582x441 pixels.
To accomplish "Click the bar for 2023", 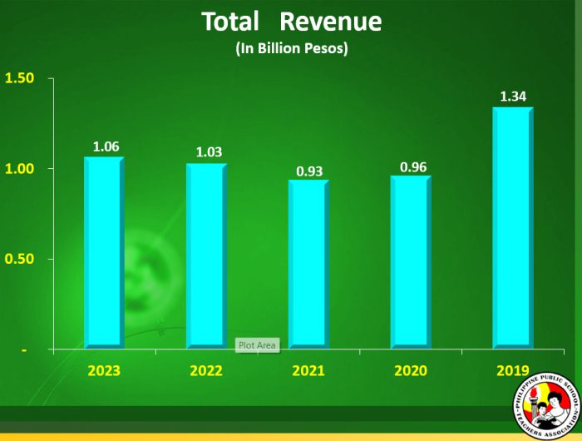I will (104, 252).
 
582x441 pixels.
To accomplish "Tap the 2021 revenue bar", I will (308, 264).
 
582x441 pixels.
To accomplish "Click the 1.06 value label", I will (106, 147).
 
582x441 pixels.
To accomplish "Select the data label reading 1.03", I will (209, 153).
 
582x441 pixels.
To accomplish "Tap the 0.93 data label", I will (310, 171).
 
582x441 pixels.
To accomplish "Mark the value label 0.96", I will (413, 166).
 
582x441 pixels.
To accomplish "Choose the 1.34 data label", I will (514, 97).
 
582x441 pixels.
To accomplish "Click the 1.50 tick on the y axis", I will (19, 78).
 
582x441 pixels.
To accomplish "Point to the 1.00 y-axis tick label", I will (19, 168).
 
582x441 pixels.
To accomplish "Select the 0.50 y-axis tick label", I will (19, 259).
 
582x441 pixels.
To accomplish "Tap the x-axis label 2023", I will (104, 370).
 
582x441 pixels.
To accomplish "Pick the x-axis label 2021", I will (308, 370).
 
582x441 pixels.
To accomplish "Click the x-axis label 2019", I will (512, 370).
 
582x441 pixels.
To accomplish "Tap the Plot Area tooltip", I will (257, 344).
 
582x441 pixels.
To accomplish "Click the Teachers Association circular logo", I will (545, 404).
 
